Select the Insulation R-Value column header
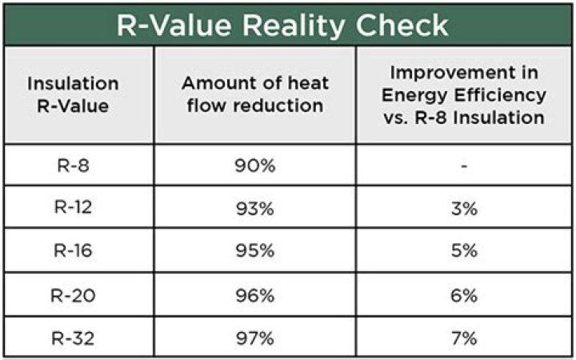[73, 94]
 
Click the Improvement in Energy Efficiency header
[464, 94]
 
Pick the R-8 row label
[73, 167]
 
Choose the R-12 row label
[73, 209]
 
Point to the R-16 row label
[73, 251]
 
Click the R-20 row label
[73, 294]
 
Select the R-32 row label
[73, 337]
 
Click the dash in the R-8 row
[464, 167]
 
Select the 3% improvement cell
[464, 209]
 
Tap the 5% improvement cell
[464, 251]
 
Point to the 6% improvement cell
[464, 294]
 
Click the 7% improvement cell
[464, 337]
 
